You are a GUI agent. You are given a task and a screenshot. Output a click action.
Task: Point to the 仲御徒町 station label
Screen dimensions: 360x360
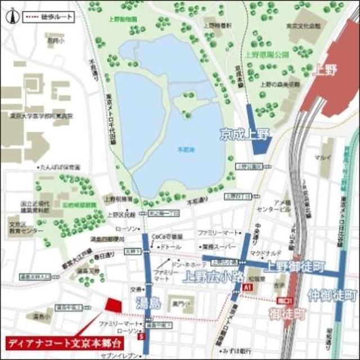click(332, 295)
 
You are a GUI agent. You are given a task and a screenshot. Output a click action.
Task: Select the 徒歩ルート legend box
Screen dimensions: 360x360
click(48, 17)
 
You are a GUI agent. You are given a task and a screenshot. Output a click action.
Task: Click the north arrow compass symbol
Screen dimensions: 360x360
click(10, 16)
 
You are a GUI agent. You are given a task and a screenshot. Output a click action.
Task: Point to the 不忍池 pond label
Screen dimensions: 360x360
click(186, 151)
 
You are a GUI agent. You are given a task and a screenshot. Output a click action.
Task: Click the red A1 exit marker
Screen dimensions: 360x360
click(246, 287)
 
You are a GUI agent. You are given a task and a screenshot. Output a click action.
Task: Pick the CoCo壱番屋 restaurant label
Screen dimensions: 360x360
click(166, 237)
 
